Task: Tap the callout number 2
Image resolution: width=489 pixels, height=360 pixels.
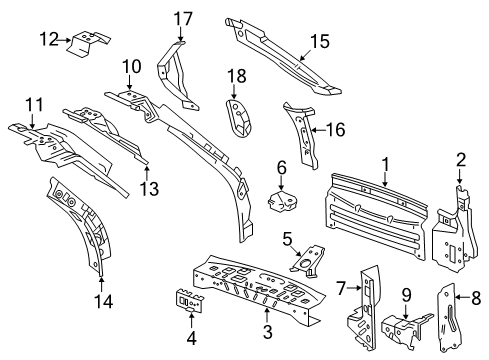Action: click(461, 160)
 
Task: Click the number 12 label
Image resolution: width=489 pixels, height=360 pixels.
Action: click(48, 39)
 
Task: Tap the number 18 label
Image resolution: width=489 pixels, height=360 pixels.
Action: click(236, 76)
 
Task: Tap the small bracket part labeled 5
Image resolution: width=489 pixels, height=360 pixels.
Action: click(304, 259)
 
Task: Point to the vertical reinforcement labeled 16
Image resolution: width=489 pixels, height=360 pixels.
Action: click(303, 135)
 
